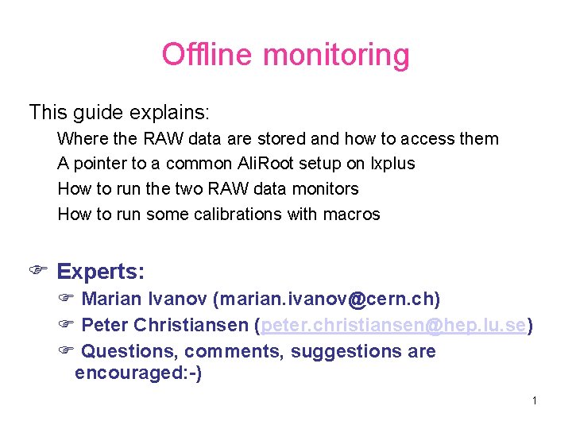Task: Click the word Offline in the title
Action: pos(208,55)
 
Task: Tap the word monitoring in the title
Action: pos(335,56)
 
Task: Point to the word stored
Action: pos(279,139)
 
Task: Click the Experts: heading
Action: pos(101,272)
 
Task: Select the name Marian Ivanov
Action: pos(145,300)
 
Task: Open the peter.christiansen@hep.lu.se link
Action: pos(393,326)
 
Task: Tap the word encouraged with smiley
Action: pos(137,373)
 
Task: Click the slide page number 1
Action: pos(535,400)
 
